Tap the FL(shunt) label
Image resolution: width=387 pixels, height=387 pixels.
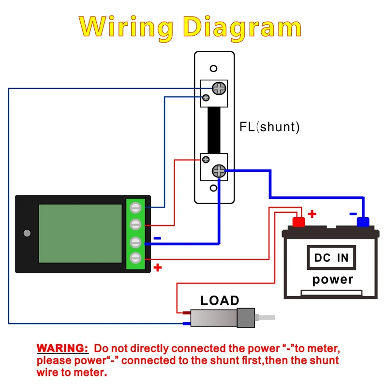click(269, 127)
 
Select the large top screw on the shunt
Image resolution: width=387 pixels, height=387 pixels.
click(220, 88)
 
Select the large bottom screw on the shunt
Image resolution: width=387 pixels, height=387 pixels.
click(219, 170)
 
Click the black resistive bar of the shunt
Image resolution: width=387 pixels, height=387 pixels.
click(214, 130)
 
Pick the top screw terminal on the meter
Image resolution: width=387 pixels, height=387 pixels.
click(136, 208)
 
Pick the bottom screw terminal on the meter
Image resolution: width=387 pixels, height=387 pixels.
click(136, 257)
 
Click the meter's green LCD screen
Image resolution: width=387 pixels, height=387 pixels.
click(80, 233)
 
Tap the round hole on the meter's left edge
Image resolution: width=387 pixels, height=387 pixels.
click(27, 233)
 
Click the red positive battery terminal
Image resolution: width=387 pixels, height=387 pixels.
click(299, 222)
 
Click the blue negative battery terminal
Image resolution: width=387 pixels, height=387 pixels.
click(363, 222)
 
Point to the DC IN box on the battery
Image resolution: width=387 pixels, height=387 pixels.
click(331, 257)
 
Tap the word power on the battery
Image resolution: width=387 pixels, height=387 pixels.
click(333, 280)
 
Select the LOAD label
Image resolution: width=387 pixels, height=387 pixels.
click(220, 300)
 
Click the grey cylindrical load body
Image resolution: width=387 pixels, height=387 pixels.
click(215, 317)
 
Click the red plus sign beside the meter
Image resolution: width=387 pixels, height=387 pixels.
click(157, 268)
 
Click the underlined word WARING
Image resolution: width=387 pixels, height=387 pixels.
click(62, 348)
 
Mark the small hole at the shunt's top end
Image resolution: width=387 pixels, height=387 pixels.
click(214, 69)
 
